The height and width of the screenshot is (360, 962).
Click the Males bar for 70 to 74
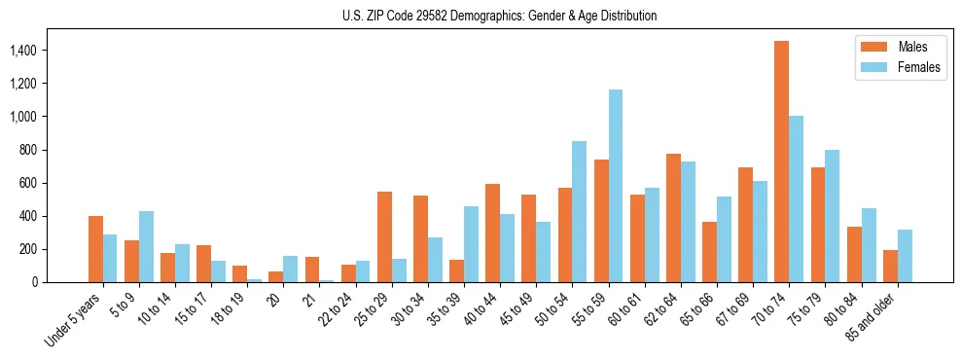click(782, 162)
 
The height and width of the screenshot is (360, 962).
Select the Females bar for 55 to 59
click(616, 186)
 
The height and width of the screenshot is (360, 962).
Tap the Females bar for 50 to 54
click(580, 212)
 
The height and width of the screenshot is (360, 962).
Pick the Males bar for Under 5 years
click(95, 249)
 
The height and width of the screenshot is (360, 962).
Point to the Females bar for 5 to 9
click(146, 246)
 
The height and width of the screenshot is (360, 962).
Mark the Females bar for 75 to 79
click(833, 216)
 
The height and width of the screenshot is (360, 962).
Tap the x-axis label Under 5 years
click(73, 320)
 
